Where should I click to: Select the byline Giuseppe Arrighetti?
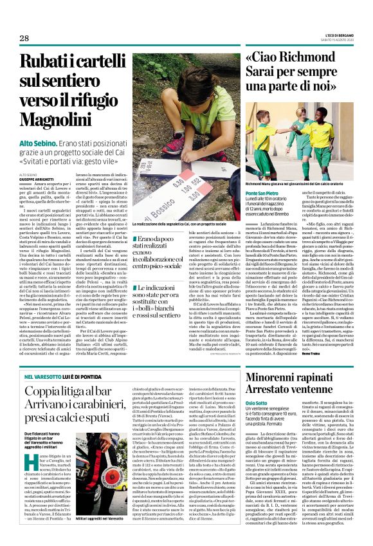(x=37, y=179)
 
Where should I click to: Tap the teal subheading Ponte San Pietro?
(x=262, y=194)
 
